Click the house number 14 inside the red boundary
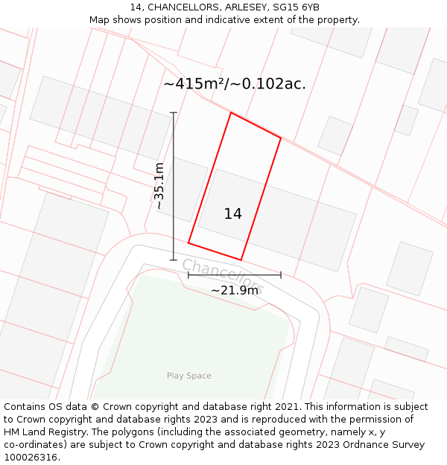(x=232, y=214)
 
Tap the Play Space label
(x=188, y=376)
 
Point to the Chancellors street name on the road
(x=222, y=275)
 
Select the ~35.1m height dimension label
(x=159, y=186)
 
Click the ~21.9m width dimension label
(x=234, y=290)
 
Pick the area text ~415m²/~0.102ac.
(x=235, y=84)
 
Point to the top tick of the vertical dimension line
(x=174, y=113)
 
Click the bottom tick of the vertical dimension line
(x=174, y=260)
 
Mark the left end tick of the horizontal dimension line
(x=188, y=275)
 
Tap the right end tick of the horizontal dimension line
(x=281, y=275)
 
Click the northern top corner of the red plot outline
(x=231, y=113)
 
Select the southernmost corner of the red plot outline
(x=241, y=260)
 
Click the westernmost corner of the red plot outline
(x=188, y=243)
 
